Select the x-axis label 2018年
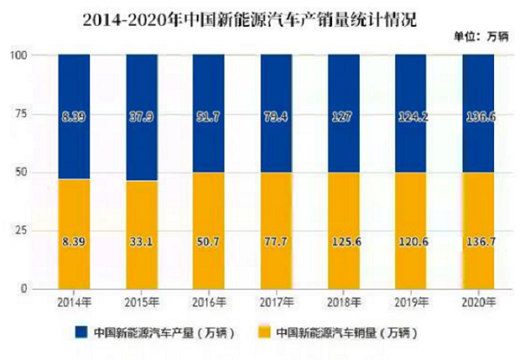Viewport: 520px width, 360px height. (x=344, y=302)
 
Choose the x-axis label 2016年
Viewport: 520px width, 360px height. (x=209, y=302)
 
